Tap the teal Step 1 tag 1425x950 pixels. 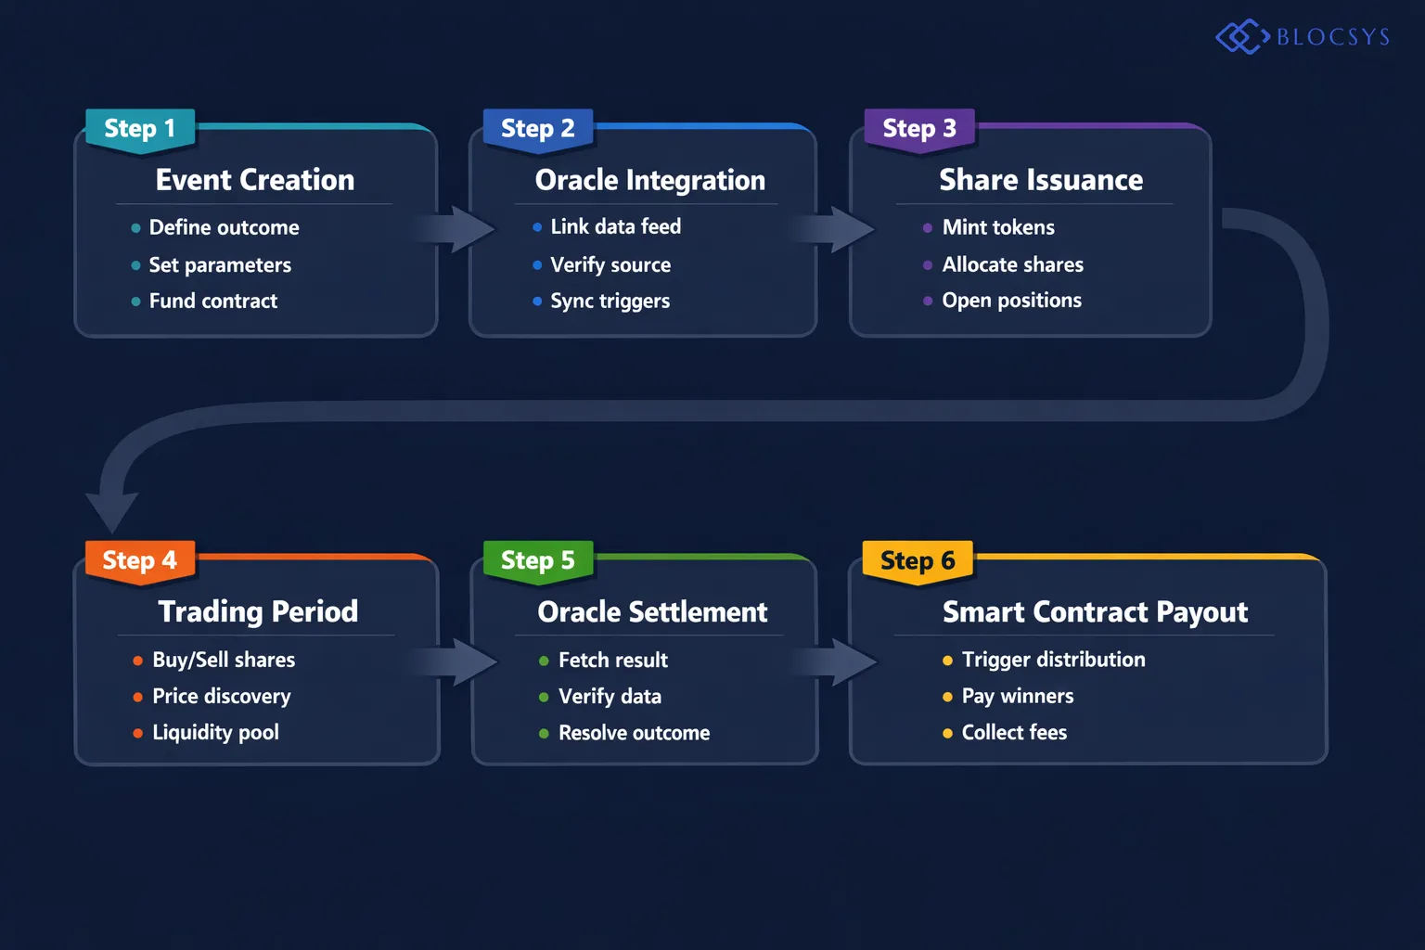(x=140, y=129)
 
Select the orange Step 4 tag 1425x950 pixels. (x=140, y=561)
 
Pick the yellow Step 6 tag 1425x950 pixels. (x=917, y=561)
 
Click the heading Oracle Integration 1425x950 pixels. (x=649, y=180)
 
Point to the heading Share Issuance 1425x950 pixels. (x=1041, y=180)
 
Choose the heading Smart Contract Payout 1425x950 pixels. (x=1095, y=612)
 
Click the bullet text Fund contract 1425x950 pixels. (x=212, y=302)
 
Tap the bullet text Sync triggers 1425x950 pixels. (x=610, y=302)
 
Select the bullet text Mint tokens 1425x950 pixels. (x=998, y=227)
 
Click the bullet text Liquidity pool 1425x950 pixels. (x=215, y=733)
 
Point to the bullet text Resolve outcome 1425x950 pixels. (x=634, y=733)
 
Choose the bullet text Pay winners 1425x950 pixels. (x=1017, y=697)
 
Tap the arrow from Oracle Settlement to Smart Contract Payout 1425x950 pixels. (x=840, y=661)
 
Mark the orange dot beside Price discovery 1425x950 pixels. (x=137, y=697)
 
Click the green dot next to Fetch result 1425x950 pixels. (x=544, y=661)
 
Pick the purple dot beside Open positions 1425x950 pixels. (x=928, y=301)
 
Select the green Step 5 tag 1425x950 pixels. (x=538, y=561)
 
